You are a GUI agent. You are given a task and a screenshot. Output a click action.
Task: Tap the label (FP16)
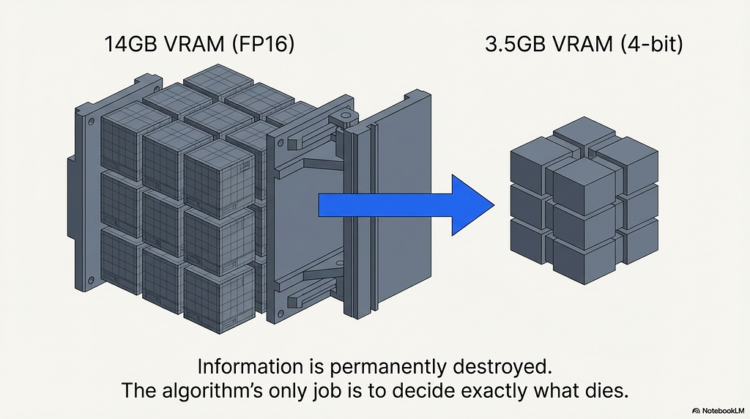(263, 45)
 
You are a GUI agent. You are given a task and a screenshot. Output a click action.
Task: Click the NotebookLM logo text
(723, 410)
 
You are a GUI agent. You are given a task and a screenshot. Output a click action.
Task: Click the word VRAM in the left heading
(194, 45)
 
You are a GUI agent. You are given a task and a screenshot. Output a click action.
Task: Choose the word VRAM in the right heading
(582, 45)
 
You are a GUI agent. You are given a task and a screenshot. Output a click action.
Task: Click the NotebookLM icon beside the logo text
(696, 411)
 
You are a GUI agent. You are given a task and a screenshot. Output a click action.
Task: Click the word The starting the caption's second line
(138, 390)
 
